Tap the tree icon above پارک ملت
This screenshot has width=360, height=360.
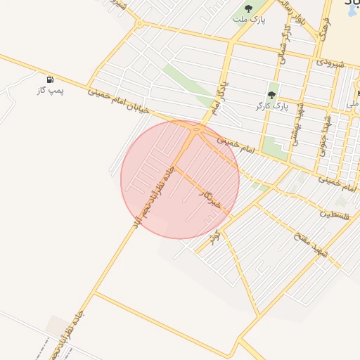tap(248, 8)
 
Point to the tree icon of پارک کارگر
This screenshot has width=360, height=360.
tap(271, 95)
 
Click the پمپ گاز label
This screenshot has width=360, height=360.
tap(51, 91)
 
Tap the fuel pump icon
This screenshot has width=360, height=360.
tap(51, 80)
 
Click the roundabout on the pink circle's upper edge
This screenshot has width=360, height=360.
tap(198, 129)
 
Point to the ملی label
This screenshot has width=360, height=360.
tap(352, 104)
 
